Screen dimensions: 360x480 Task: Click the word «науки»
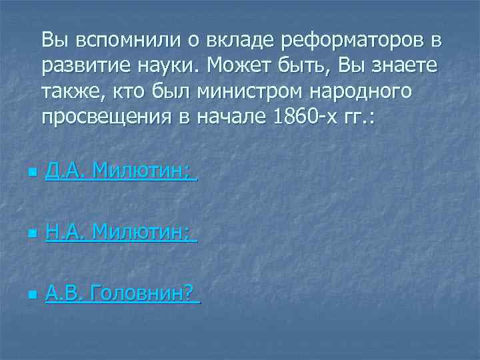point(170,66)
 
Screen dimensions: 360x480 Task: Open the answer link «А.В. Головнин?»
point(121,291)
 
